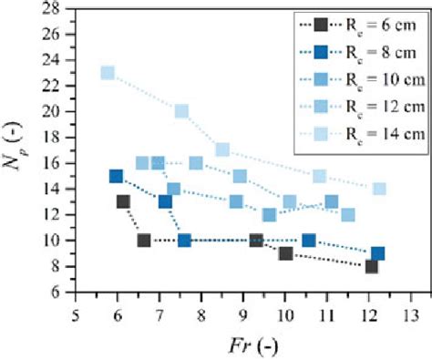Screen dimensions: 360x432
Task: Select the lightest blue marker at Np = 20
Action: tap(181, 111)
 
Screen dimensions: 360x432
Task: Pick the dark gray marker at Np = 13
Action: tap(123, 201)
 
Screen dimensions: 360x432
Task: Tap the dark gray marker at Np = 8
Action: tap(371, 266)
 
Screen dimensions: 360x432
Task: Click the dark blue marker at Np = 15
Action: tap(116, 176)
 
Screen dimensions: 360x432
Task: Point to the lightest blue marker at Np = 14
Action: tap(379, 189)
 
